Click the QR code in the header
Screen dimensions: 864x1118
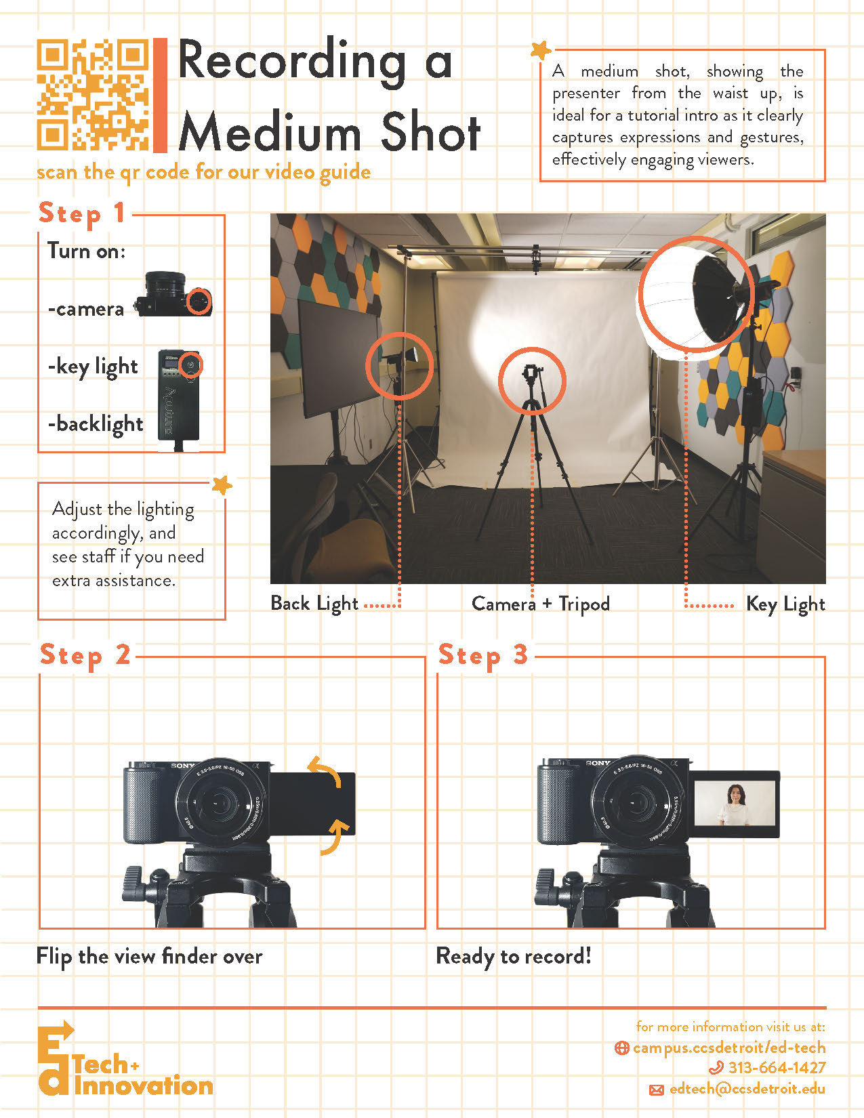(93, 95)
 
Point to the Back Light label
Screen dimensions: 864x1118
(314, 604)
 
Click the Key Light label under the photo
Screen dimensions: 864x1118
(785, 604)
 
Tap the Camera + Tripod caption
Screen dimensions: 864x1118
(540, 604)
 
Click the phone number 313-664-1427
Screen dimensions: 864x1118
(777, 1068)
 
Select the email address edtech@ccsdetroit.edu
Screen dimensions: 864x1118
(747, 1089)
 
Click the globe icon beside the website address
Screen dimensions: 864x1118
(621, 1048)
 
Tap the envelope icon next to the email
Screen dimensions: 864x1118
(656, 1090)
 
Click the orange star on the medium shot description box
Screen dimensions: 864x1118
(541, 50)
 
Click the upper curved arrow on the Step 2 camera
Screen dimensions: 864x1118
(325, 770)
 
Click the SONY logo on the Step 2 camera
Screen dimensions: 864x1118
(183, 766)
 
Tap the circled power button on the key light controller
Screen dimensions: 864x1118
(191, 365)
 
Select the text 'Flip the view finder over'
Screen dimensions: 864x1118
(149, 957)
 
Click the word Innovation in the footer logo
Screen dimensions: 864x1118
(144, 1086)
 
